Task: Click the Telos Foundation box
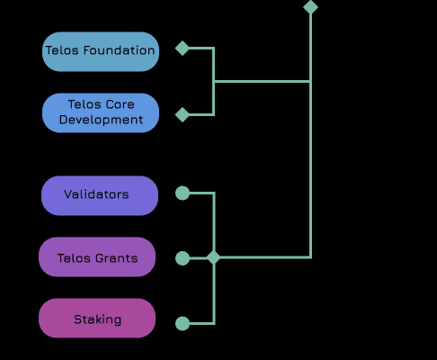[101, 51]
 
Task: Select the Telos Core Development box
[101, 112]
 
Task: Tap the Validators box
[100, 195]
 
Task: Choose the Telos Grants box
[97, 256]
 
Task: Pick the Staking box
[97, 318]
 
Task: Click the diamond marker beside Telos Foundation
[183, 48]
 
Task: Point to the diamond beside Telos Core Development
[183, 114]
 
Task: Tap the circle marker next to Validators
[183, 193]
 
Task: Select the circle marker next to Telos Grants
[183, 258]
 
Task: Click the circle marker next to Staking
[183, 323]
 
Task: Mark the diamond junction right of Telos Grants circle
[214, 257]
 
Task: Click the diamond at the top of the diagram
[310, 7]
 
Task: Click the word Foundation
[119, 50]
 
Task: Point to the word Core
[120, 104]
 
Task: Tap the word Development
[101, 120]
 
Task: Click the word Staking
[98, 319]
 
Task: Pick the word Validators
[96, 194]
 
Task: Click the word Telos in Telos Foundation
[62, 50]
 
